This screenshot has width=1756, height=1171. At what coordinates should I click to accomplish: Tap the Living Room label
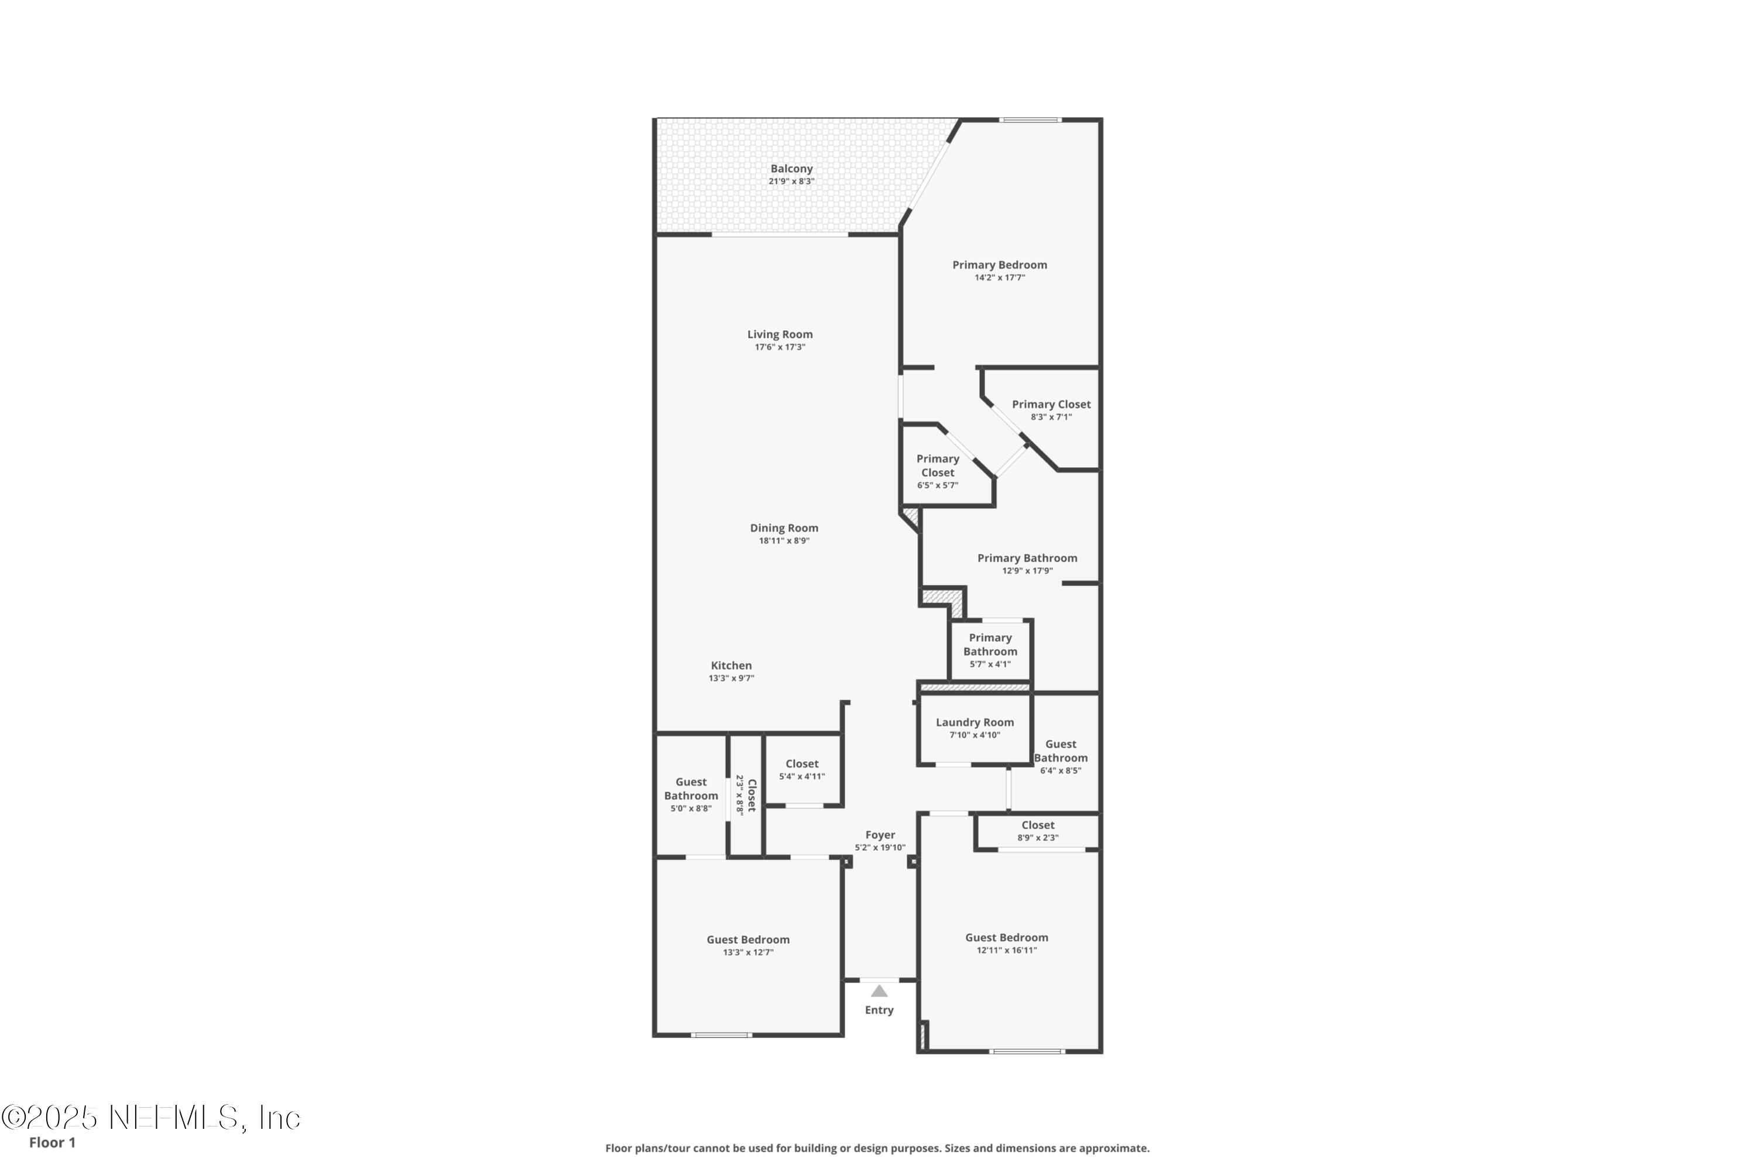(x=780, y=334)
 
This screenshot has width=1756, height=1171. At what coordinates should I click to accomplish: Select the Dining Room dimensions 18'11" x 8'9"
(x=784, y=540)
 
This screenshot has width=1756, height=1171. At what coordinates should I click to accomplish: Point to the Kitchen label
(x=731, y=665)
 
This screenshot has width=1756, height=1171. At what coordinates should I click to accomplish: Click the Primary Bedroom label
(x=999, y=265)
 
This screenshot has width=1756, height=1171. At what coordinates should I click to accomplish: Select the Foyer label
(x=880, y=835)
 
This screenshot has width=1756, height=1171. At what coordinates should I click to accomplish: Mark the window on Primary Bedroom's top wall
(x=1030, y=119)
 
